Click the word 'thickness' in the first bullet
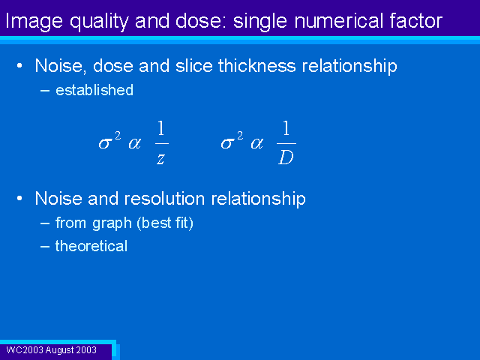(x=256, y=65)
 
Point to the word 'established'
(x=94, y=90)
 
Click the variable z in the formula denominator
(x=160, y=158)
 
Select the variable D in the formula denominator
(x=286, y=157)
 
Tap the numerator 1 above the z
(x=161, y=128)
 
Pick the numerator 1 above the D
(x=286, y=128)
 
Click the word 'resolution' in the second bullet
(x=166, y=198)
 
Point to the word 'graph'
(x=112, y=223)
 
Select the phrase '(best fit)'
(x=165, y=223)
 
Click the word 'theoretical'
(x=91, y=246)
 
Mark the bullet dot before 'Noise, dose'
(x=19, y=66)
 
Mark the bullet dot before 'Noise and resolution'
(x=19, y=199)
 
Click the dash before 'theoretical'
(x=45, y=247)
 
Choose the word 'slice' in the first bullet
(x=193, y=65)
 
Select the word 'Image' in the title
(x=34, y=22)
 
